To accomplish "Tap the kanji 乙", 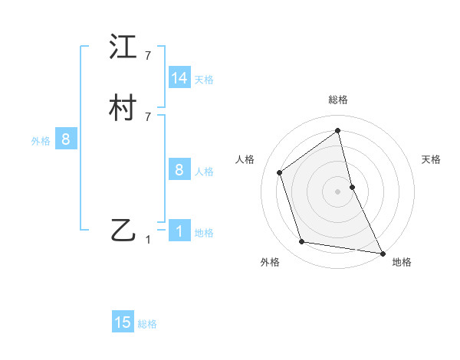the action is [123, 229].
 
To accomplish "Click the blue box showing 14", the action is [179, 78].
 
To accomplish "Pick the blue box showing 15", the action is [123, 322].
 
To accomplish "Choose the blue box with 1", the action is [179, 231].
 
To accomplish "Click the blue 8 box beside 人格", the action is [179, 170].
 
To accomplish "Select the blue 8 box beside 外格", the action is [66, 139].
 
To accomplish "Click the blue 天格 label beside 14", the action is [204, 80].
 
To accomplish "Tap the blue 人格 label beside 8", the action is [204, 172].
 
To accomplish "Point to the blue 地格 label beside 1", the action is [204, 233].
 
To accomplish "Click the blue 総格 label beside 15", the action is [147, 324].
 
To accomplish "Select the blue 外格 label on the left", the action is [41, 141].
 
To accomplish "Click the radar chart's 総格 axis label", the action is [337, 100].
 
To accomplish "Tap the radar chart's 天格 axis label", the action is [431, 159].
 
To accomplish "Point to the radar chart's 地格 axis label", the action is [402, 262].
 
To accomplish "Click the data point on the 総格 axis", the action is [337, 130].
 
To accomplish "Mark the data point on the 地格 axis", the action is [382, 252].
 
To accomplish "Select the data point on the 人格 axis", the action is [280, 172].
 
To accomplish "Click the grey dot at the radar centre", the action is [337, 191].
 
